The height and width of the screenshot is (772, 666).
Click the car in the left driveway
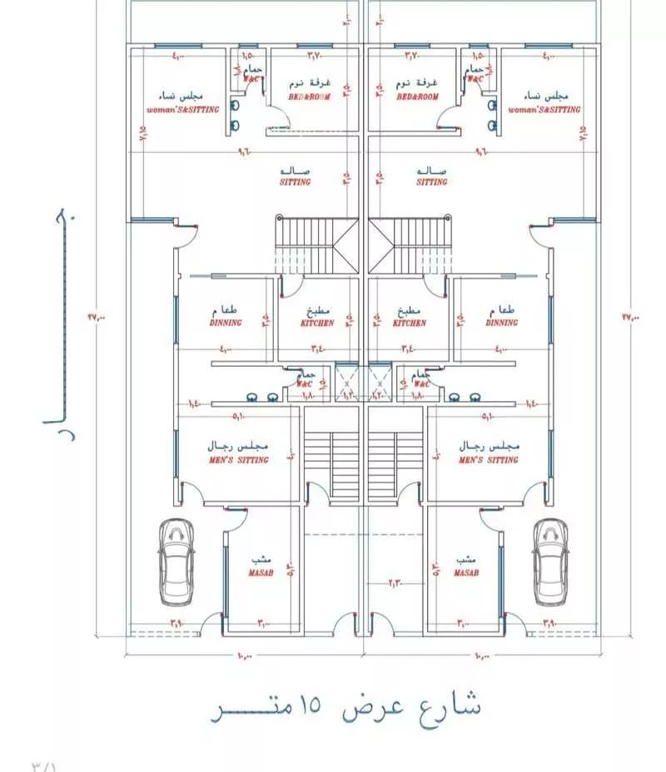(x=176, y=562)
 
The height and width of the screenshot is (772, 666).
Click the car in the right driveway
(x=550, y=562)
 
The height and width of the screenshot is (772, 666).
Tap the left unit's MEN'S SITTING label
(x=238, y=459)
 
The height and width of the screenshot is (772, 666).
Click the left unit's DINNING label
(x=226, y=323)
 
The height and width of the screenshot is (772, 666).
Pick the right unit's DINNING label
(x=502, y=323)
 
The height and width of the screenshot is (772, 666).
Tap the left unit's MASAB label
(x=256, y=573)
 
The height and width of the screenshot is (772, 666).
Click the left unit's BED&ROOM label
(x=310, y=97)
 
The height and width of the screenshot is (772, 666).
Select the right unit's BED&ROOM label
(x=417, y=97)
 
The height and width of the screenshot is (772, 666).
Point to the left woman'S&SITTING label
(x=182, y=109)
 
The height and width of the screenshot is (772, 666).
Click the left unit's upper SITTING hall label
(x=296, y=181)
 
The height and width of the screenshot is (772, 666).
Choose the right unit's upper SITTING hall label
(x=432, y=181)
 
